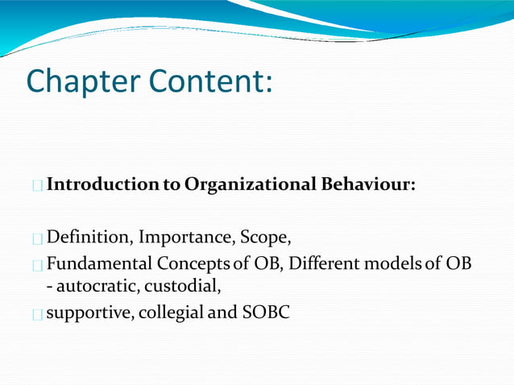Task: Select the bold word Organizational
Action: (251, 185)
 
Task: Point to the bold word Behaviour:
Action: (370, 185)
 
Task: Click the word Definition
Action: (88, 238)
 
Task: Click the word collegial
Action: (171, 312)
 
